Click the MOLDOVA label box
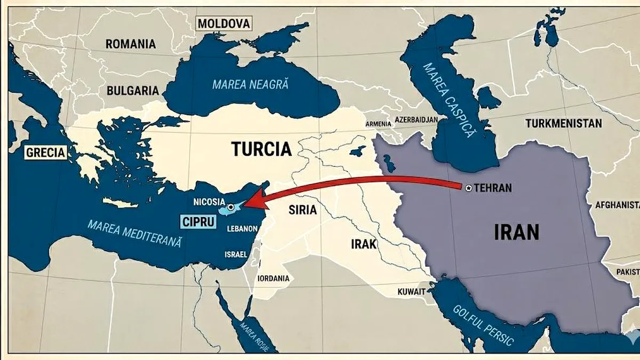pyautogui.click(x=223, y=23)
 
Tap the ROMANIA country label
pyautogui.click(x=131, y=44)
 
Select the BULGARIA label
pyautogui.click(x=133, y=90)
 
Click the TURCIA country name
pyautogui.click(x=261, y=149)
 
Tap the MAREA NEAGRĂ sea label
pyautogui.click(x=250, y=84)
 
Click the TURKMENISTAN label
pyautogui.click(x=563, y=124)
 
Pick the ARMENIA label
pyautogui.click(x=378, y=124)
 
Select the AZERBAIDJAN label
pyautogui.click(x=417, y=119)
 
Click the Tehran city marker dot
pyautogui.click(x=468, y=188)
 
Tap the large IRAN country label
pyautogui.click(x=517, y=232)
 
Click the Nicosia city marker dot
pyautogui.click(x=230, y=206)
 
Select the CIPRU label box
pyautogui.click(x=197, y=221)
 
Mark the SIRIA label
pyautogui.click(x=302, y=210)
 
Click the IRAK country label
pyautogui.click(x=364, y=244)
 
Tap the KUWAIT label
pyautogui.click(x=412, y=292)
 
